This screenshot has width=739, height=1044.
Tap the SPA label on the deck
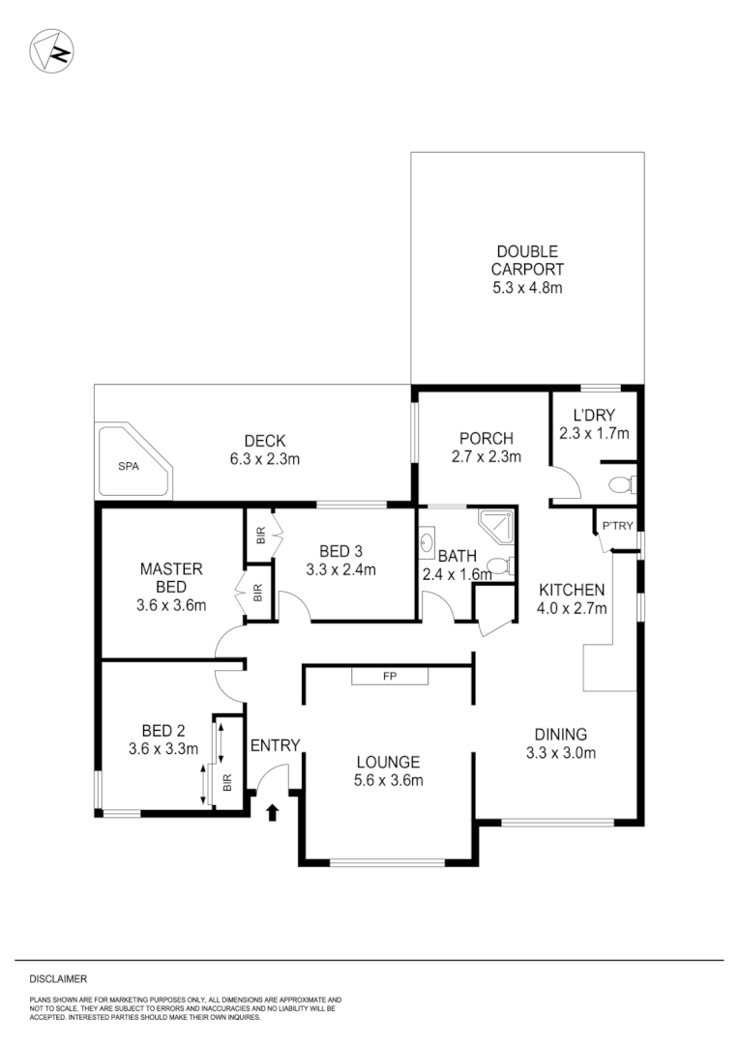pos(129,466)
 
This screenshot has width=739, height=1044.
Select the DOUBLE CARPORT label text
pos(526,261)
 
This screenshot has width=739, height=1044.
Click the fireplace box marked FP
pos(390,677)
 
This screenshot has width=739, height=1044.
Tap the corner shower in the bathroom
pos(497,526)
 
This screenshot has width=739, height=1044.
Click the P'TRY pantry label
pos(616,527)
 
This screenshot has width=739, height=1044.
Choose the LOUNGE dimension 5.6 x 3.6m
pos(387,781)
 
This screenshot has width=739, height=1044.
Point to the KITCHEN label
pos(572,590)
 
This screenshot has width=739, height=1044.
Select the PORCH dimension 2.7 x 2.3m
pos(487,457)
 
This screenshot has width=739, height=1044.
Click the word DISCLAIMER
pos(58,979)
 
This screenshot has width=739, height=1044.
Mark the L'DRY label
pos(594,414)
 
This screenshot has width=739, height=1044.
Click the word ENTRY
pos(275,745)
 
